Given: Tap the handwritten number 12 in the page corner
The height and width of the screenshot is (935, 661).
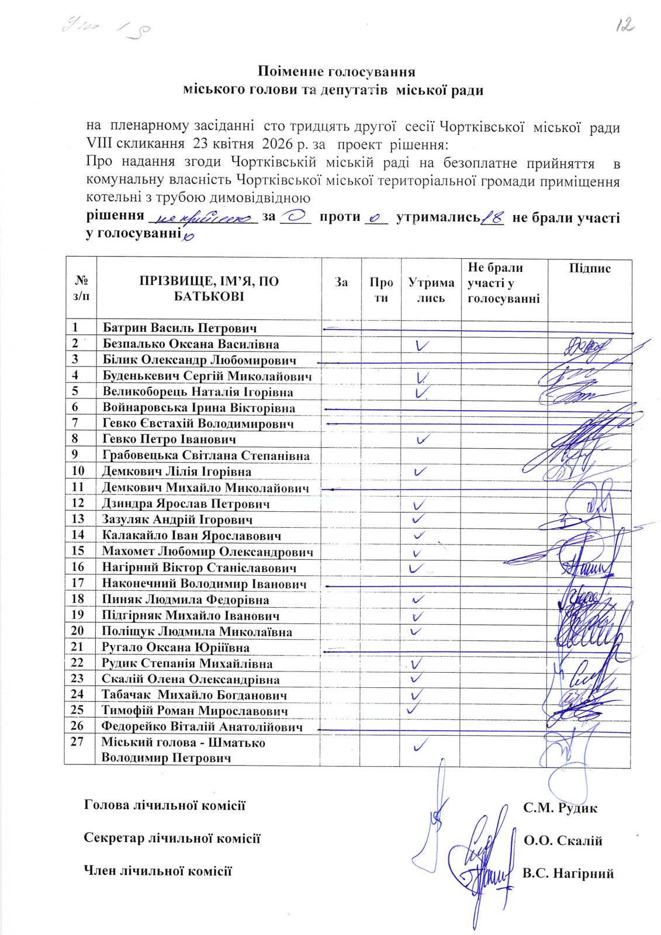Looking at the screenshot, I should click(x=624, y=25).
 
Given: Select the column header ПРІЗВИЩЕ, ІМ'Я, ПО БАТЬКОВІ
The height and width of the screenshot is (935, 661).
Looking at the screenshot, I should click(x=209, y=289).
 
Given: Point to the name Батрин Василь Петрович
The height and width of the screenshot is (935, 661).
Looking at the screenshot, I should click(x=179, y=328).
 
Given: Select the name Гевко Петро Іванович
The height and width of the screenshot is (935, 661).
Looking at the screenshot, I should click(x=169, y=439).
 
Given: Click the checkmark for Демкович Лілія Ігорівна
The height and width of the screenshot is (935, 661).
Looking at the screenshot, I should click(x=420, y=470).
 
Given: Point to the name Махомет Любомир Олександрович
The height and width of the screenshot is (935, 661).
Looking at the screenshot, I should click(x=207, y=552).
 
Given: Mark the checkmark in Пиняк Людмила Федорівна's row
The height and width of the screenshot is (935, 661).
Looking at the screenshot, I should click(x=418, y=600).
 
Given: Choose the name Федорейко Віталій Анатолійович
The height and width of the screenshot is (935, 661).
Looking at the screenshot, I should click(x=202, y=728).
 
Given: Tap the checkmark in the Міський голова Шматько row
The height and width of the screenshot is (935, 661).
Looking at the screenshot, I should click(x=420, y=744).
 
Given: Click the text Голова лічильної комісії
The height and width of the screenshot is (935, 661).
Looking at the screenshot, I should click(x=165, y=805).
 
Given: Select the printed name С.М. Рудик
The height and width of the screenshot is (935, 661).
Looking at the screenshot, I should click(x=560, y=809).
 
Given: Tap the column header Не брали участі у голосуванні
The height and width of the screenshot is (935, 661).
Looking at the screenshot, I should click(x=504, y=283).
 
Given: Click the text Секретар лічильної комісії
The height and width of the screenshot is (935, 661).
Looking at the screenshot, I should click(x=172, y=838).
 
